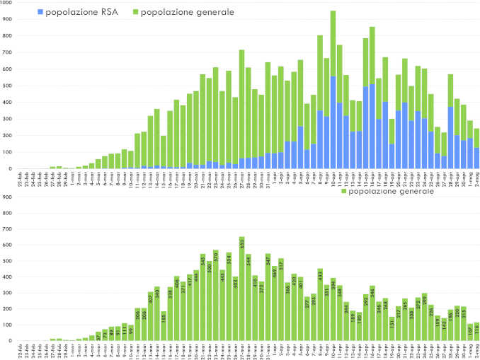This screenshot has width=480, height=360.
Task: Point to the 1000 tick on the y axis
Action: tap(6, 4)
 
